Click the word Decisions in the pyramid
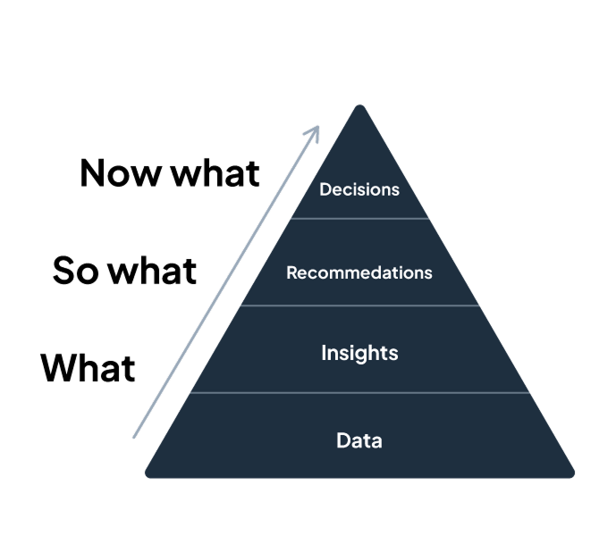coord(359,189)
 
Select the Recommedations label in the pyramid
coord(359,272)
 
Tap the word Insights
coord(359,353)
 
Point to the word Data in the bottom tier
coord(359,440)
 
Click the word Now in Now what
coord(121,173)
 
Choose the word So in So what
coord(75,270)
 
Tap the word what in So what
coord(152,270)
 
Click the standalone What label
coord(88,368)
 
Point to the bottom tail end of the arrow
coord(134,437)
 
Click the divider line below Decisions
coord(359,218)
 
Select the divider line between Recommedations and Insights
coord(360,305)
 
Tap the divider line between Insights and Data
coord(360,392)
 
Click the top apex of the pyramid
coord(359,105)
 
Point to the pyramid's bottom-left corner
coord(146,476)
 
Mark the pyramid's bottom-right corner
coord(574,476)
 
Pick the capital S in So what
coord(63,270)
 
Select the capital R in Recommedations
coord(291,272)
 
